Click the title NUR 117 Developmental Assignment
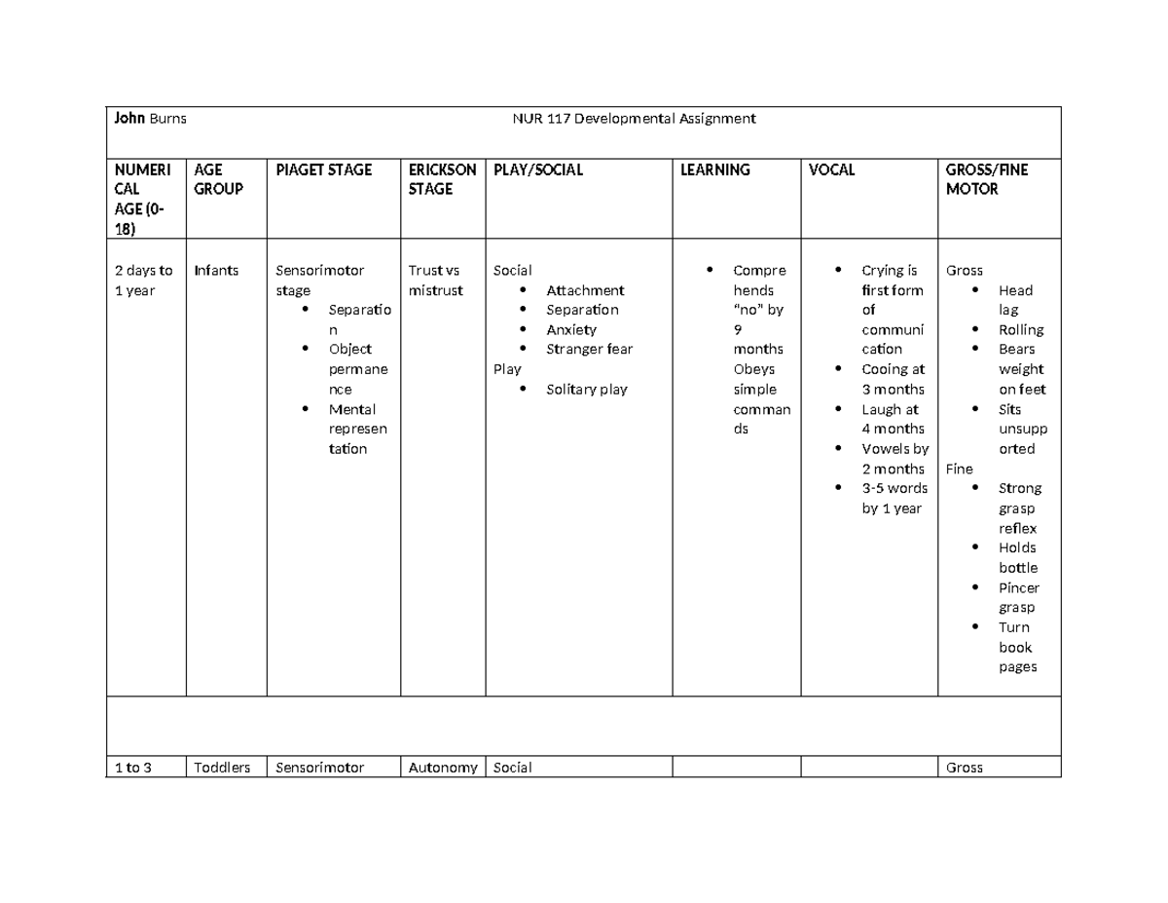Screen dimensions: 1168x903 (x=634, y=119)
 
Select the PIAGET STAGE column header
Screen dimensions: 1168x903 (x=324, y=169)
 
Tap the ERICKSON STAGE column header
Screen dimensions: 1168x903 (x=442, y=179)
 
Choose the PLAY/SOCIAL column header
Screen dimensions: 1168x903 (x=538, y=169)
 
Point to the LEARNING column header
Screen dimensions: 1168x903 (x=715, y=169)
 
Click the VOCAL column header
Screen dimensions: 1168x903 (x=832, y=169)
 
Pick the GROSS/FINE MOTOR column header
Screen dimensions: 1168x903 (x=987, y=179)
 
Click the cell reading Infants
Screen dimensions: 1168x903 (x=216, y=271)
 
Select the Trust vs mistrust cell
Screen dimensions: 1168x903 (x=435, y=281)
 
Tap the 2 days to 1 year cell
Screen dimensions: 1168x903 (x=143, y=281)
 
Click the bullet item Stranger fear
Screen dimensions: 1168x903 (x=589, y=349)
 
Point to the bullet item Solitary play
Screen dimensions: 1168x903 (x=587, y=390)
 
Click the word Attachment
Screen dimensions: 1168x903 (x=585, y=290)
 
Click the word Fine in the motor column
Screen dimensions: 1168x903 (x=959, y=469)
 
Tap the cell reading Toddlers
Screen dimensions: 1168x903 (x=222, y=768)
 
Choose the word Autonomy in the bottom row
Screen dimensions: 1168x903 (x=443, y=768)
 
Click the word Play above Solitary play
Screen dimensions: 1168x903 (x=507, y=369)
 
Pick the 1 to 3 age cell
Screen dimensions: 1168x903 (x=132, y=768)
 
